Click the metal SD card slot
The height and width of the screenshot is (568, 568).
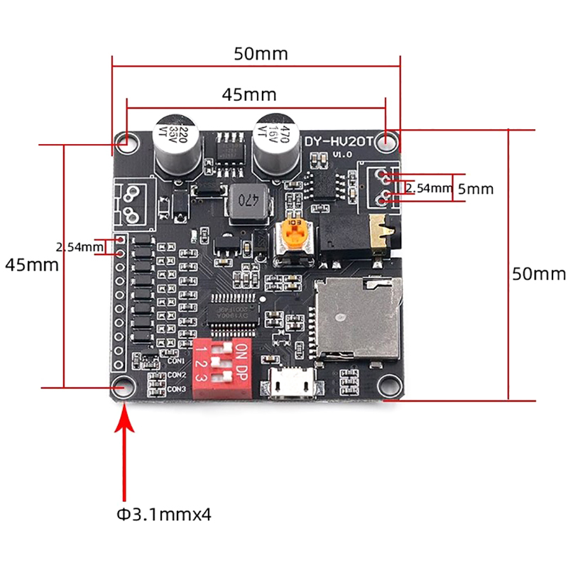356,317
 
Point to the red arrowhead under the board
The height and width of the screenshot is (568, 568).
126,418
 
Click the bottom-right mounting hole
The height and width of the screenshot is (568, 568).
387,385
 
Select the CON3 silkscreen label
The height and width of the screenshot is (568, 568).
177,388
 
